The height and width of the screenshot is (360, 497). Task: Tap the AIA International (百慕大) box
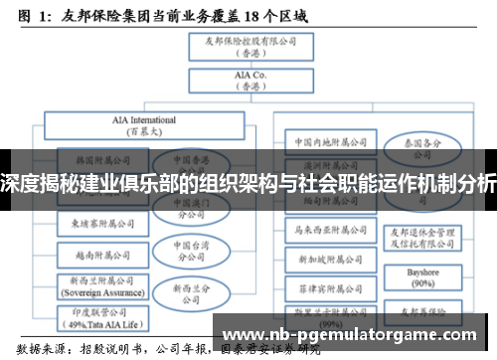pos(140,125)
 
